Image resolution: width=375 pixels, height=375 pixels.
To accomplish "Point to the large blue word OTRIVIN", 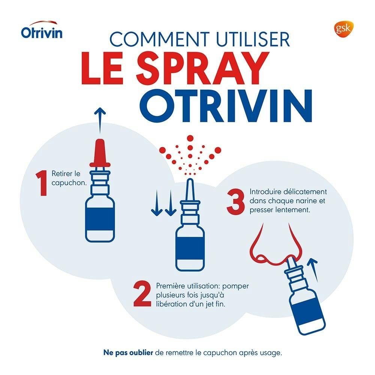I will (228, 106).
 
